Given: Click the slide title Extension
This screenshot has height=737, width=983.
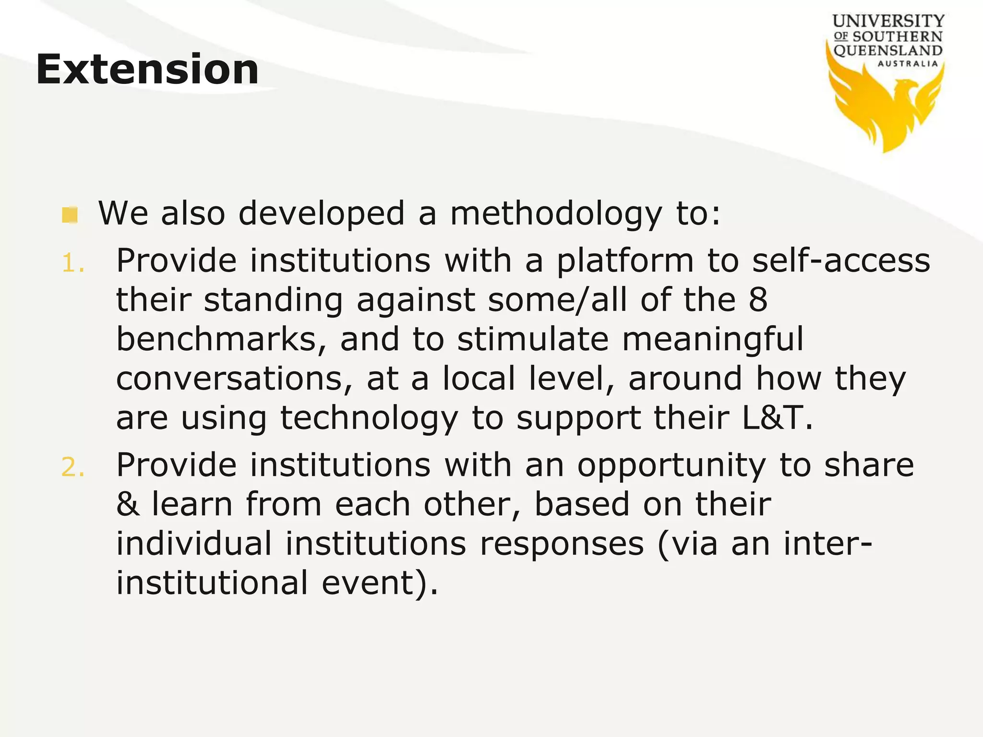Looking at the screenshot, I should coord(147,70).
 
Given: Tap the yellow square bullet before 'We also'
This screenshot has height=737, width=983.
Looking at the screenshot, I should coord(70,214).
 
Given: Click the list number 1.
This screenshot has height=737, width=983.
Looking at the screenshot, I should coord(73,263).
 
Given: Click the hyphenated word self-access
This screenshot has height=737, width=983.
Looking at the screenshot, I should coord(841,262).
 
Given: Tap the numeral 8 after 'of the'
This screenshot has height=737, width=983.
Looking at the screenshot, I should coord(757,300).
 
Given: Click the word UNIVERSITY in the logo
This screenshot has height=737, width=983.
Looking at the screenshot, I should coord(888,22).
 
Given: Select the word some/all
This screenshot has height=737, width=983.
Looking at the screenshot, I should coord(557,300).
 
